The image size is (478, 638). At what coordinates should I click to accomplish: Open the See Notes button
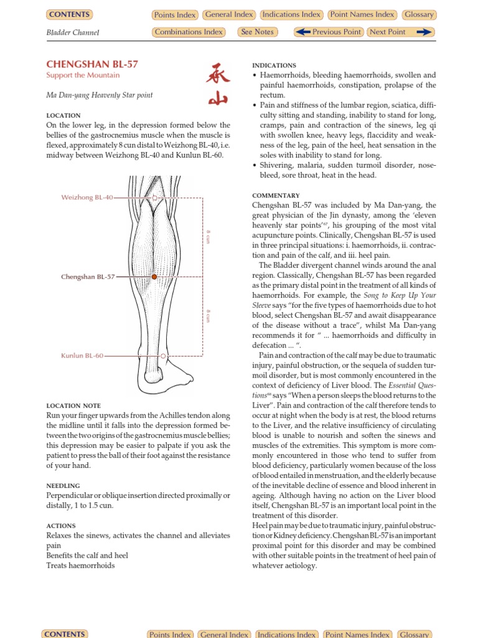click(257, 32)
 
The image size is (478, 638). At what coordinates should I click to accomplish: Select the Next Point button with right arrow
click(400, 32)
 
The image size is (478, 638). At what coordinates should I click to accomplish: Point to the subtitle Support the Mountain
click(83, 75)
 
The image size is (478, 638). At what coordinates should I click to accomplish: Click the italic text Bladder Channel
click(73, 32)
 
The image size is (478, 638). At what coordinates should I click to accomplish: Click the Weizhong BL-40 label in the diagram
click(87, 198)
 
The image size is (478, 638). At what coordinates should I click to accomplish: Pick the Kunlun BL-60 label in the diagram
click(82, 356)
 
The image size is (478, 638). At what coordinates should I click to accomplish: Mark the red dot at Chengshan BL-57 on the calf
click(154, 277)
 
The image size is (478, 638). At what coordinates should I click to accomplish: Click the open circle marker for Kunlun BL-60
click(163, 356)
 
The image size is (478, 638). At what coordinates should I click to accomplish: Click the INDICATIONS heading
click(274, 65)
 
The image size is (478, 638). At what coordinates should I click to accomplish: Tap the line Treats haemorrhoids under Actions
click(80, 565)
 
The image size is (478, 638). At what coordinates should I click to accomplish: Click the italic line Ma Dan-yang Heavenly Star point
click(100, 95)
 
